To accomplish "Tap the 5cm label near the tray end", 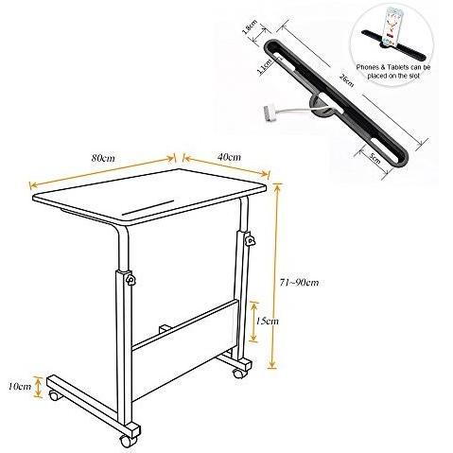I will click(375, 157).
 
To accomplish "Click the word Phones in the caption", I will click(372, 69).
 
